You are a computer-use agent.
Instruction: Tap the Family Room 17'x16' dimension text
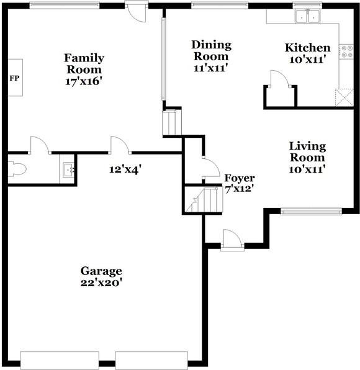tap(84, 81)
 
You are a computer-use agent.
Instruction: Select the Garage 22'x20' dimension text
tap(101, 282)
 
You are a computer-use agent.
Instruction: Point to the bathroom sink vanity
tap(68, 169)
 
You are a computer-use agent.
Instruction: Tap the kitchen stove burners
tap(345, 52)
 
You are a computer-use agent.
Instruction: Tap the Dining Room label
tap(211, 50)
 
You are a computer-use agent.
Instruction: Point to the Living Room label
tap(308, 151)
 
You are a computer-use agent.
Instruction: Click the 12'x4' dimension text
tap(122, 168)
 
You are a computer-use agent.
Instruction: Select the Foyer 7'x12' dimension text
tap(240, 189)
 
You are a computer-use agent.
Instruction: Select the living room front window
tap(310, 211)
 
